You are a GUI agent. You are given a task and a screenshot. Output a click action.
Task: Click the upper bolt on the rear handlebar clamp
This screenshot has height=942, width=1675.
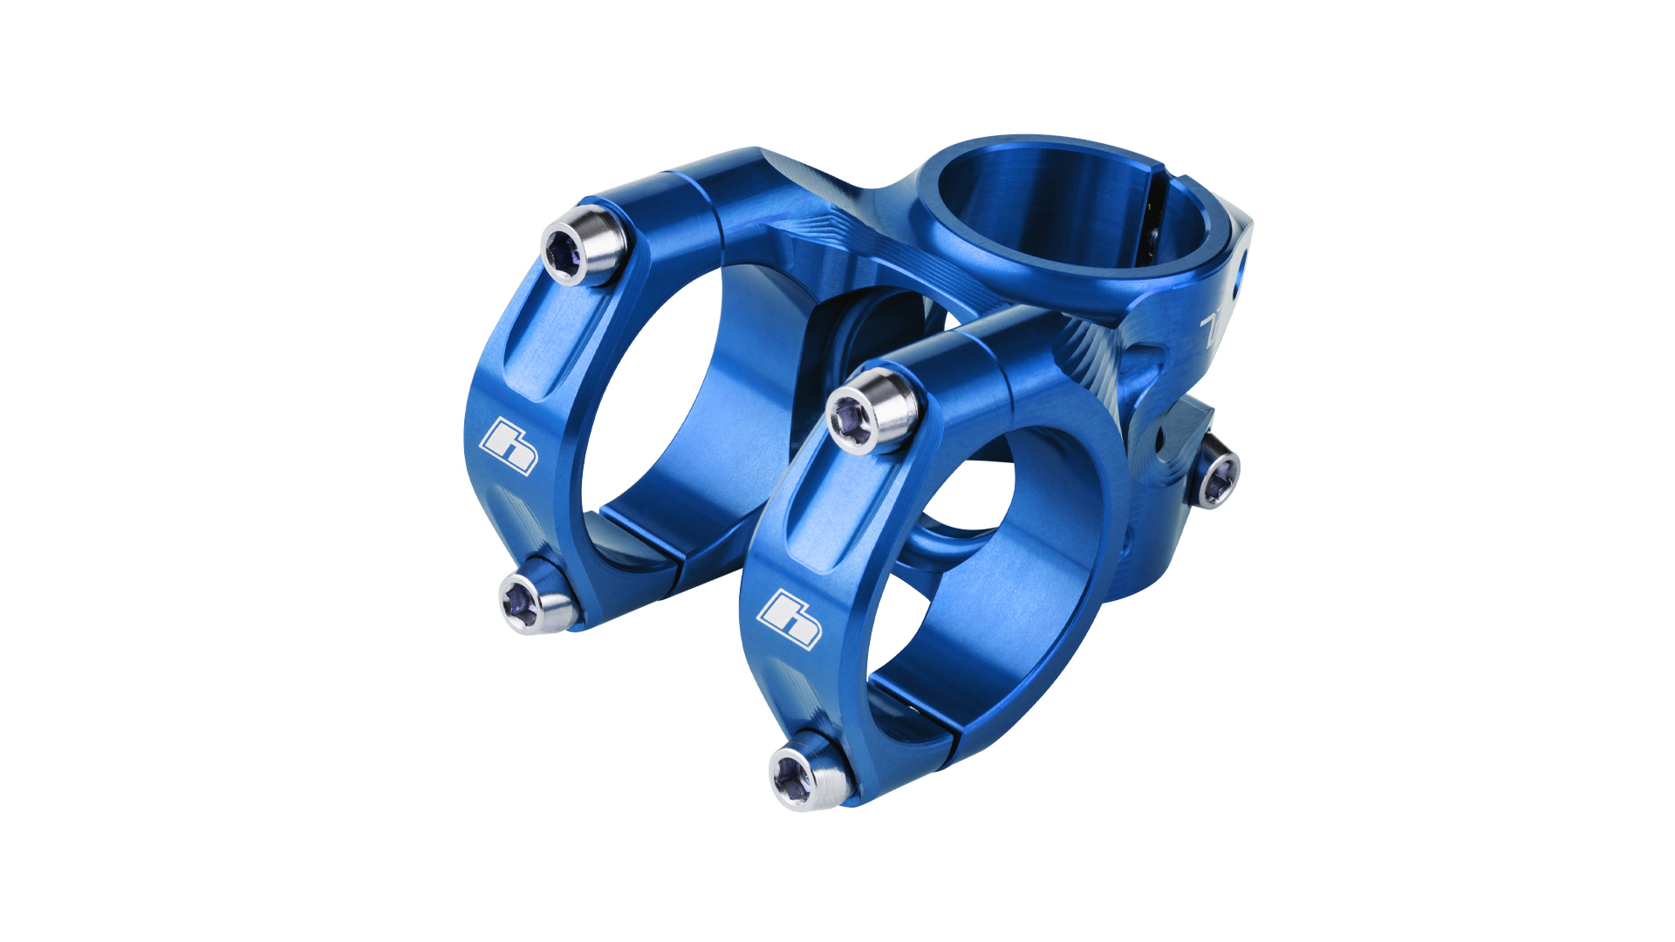point(583,246)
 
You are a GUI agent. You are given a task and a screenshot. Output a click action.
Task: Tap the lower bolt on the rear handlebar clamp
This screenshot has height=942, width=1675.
point(534,600)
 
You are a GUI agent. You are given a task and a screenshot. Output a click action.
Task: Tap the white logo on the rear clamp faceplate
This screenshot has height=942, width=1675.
point(509,445)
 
